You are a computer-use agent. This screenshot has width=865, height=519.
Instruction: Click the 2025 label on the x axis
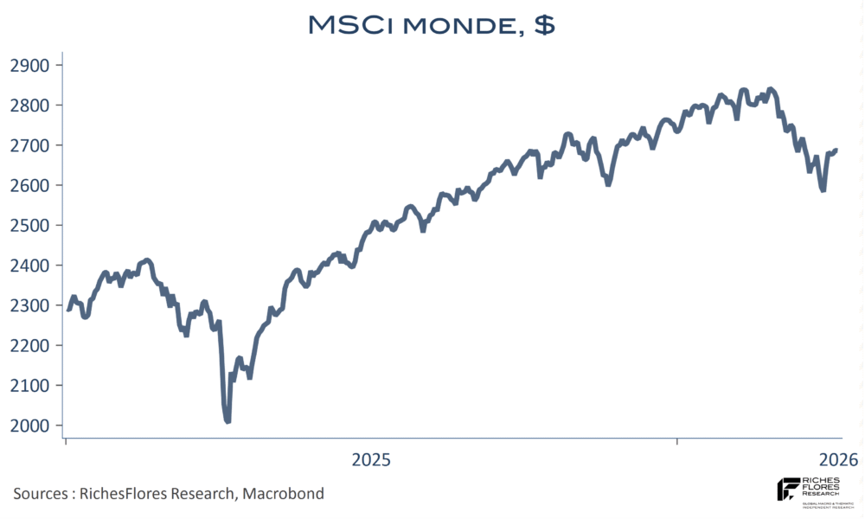[x=371, y=459]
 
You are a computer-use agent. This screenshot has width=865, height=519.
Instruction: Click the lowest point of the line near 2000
[x=227, y=421]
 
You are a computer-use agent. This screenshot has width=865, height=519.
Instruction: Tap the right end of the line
[x=836, y=151]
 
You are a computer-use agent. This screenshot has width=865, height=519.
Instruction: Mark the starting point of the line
[x=68, y=309]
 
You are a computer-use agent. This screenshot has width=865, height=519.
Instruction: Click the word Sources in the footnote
[x=40, y=494]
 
